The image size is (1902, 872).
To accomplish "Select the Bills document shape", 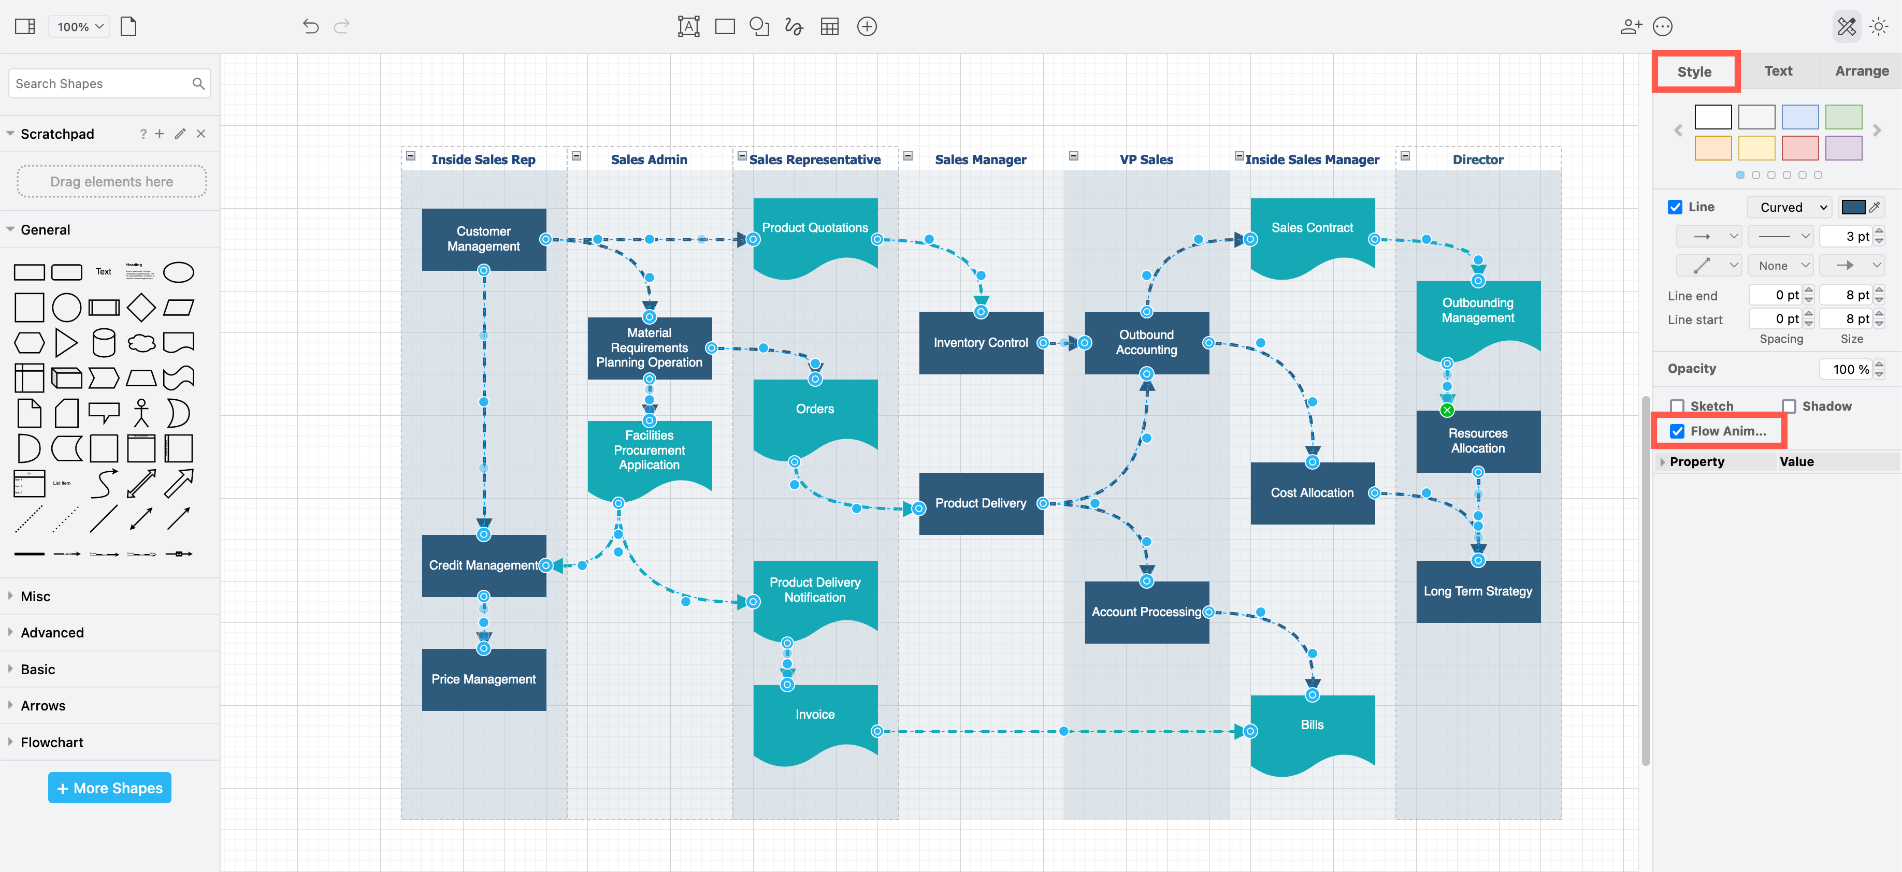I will point(1312,725).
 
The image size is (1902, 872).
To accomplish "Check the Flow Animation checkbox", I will point(1677,431).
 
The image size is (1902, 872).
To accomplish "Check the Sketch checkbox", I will point(1677,406).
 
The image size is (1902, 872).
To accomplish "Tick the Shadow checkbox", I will point(1788,406).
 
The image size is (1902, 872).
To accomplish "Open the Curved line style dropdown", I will point(1790,208).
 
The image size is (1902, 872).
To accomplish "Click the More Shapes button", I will point(109,788).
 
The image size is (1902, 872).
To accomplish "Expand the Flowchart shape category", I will point(52,742).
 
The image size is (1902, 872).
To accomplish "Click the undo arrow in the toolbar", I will point(310,26).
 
